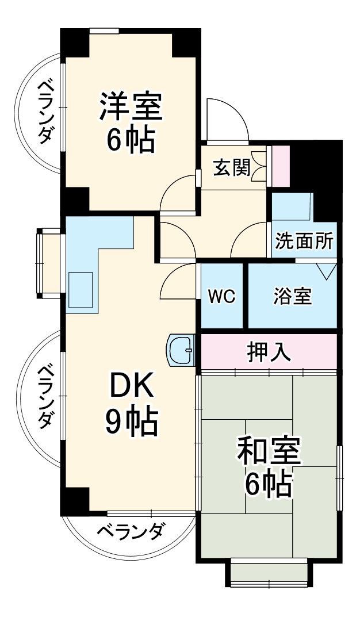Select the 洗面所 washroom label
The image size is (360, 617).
pyautogui.click(x=304, y=241)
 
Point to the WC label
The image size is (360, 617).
pyautogui.click(x=221, y=296)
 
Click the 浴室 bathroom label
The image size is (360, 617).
pyautogui.click(x=292, y=297)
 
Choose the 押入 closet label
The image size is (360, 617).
pyautogui.click(x=268, y=351)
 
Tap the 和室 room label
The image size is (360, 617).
pyautogui.click(x=269, y=451)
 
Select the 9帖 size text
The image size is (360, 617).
pyautogui.click(x=131, y=423)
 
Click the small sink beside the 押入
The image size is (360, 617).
pyautogui.click(x=182, y=350)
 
